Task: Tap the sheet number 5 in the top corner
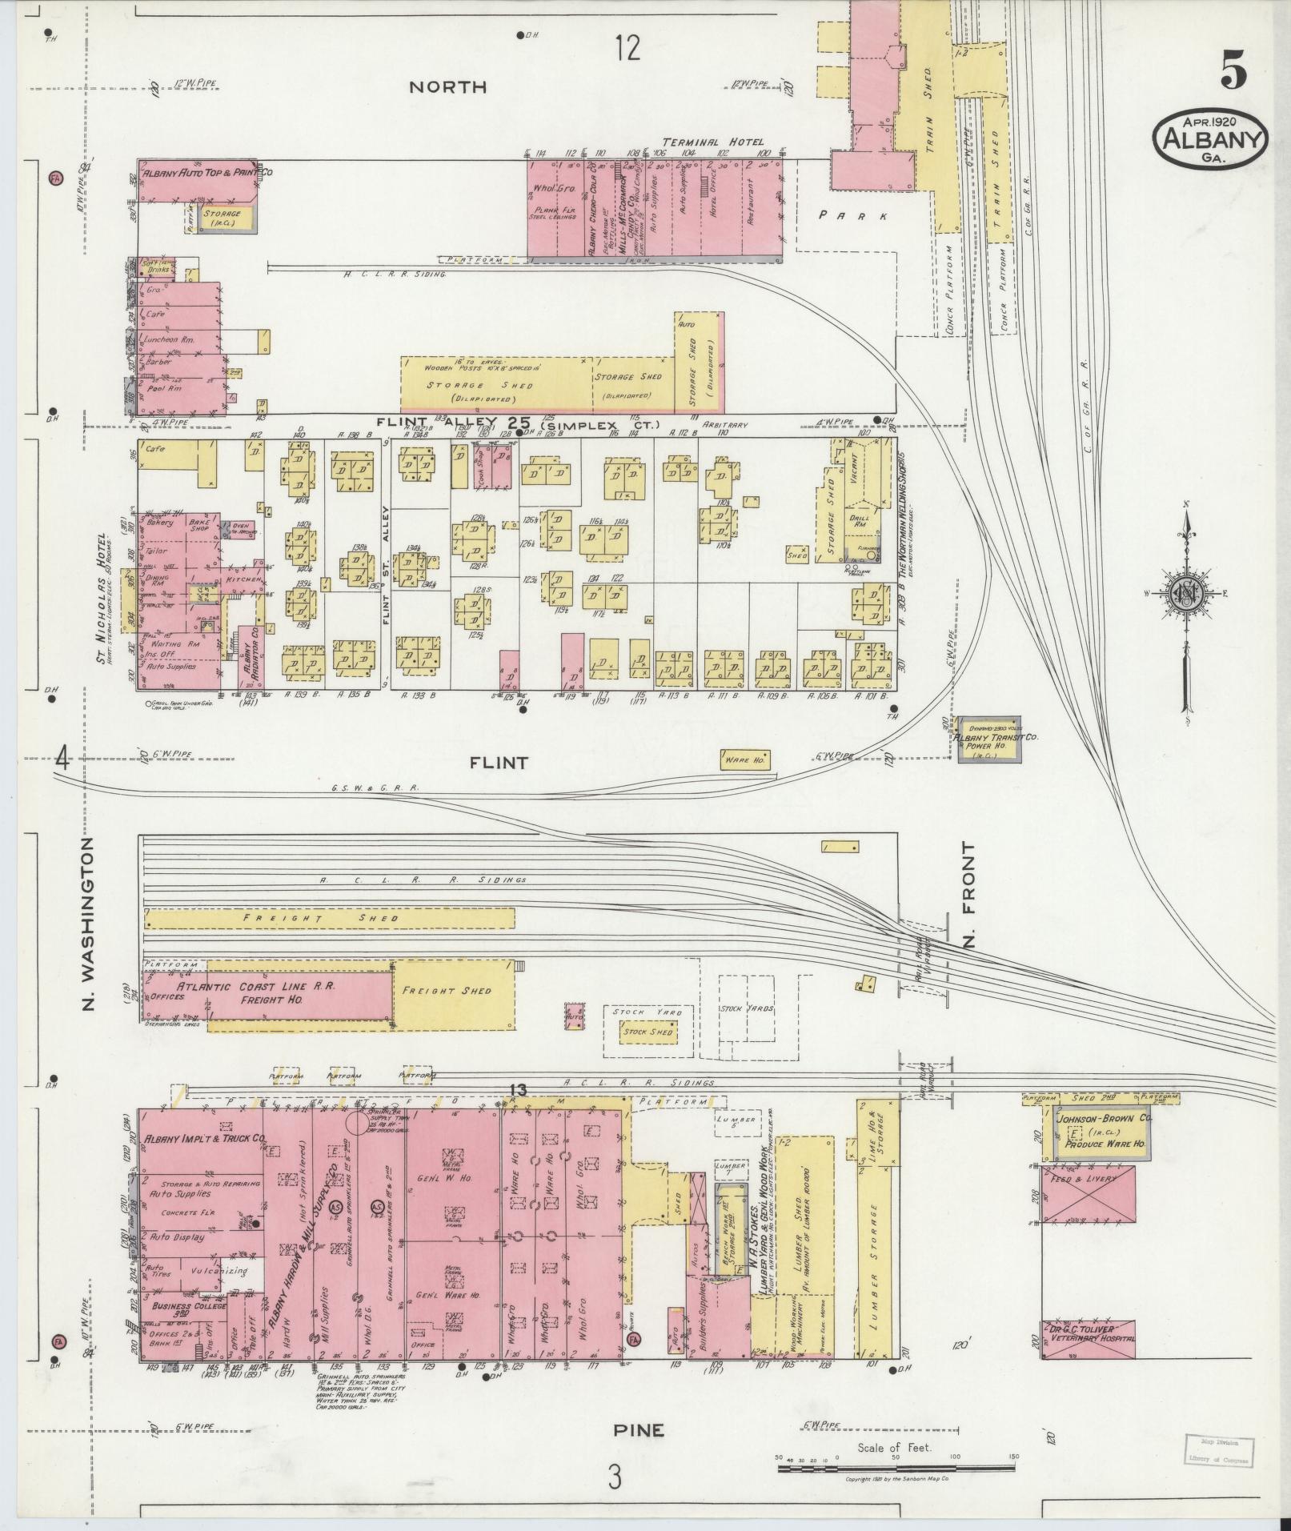coord(1233,74)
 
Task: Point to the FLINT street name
coord(499,763)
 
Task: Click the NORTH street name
coord(447,87)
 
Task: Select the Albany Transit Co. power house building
coord(990,739)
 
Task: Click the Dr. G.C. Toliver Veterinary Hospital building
coord(1087,1339)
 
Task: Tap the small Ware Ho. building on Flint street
coord(746,759)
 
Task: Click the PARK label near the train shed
coord(853,215)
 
